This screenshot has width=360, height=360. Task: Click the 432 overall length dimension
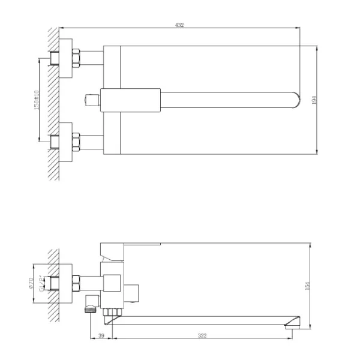coord(179,25)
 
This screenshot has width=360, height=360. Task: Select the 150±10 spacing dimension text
coord(37,100)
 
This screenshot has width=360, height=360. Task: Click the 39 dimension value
coord(101,335)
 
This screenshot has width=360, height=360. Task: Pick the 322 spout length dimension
coord(202,335)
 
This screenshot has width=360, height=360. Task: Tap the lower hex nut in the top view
coord(76,142)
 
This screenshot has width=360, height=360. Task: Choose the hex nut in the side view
coord(76,280)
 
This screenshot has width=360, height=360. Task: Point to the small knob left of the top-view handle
coord(92,100)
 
